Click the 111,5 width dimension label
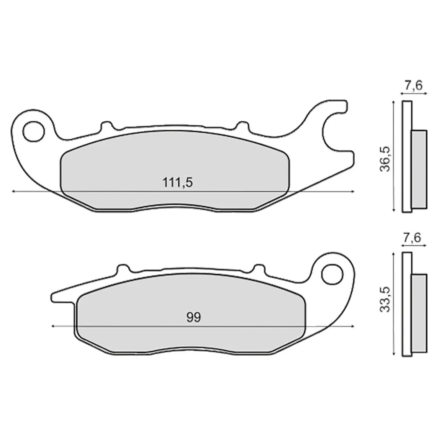[x=178, y=182]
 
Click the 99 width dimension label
[x=194, y=317]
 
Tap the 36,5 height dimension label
[x=385, y=159]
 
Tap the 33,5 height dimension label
[x=385, y=299]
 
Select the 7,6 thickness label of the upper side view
[x=414, y=86]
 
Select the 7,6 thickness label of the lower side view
[x=412, y=238]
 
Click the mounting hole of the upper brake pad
[x=34, y=131]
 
